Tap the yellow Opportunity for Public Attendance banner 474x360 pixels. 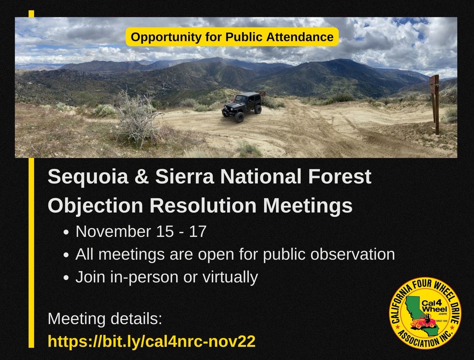[232, 37]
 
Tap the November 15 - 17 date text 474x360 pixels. [141, 231]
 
